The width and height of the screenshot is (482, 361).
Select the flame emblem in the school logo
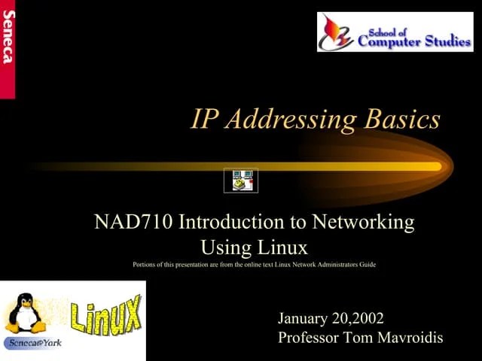[335, 32]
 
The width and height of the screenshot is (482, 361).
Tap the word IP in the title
[203, 120]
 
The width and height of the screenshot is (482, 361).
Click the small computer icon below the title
[242, 180]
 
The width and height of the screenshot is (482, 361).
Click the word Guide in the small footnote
[368, 265]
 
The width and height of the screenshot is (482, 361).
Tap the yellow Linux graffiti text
[105, 314]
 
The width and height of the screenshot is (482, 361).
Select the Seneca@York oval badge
[34, 343]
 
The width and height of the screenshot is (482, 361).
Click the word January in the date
[304, 319]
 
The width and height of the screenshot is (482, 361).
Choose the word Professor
[308, 338]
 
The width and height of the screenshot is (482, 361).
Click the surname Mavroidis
[410, 338]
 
